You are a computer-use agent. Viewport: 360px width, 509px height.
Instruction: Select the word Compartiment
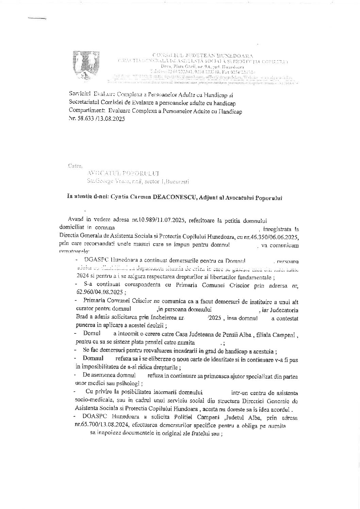coord(86,111)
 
